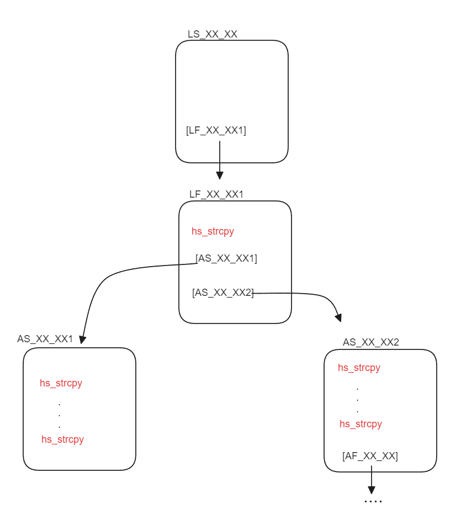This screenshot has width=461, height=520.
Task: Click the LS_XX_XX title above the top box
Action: coord(213,34)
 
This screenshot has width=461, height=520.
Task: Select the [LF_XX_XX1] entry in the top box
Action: coord(216,131)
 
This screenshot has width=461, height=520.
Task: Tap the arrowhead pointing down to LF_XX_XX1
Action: coord(220,175)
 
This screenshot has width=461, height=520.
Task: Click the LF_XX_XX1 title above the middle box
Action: coord(216,194)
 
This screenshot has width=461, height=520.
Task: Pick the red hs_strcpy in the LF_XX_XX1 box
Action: coord(213,231)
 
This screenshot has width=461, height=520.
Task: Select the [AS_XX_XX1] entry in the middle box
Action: coord(226,258)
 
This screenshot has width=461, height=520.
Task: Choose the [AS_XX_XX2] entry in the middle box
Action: coord(223,293)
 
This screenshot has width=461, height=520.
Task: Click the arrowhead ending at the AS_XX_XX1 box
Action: coord(83,339)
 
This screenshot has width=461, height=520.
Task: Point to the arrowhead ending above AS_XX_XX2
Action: coord(338,317)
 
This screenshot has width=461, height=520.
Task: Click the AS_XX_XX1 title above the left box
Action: coord(45,339)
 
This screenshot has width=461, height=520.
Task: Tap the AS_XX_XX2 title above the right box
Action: coord(371,342)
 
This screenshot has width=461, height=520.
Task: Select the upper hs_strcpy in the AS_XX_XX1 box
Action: coord(61,383)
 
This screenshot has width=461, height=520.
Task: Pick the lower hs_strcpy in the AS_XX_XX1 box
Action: coord(62,439)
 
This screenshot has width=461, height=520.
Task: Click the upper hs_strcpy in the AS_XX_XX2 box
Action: coord(359,368)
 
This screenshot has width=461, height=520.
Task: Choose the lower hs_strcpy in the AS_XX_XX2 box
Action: coord(361,424)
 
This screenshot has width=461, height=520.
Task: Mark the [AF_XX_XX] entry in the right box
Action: coord(370,456)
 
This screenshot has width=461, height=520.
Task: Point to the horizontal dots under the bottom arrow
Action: coord(373,502)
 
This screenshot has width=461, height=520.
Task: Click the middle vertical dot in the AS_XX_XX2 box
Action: coord(358,400)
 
